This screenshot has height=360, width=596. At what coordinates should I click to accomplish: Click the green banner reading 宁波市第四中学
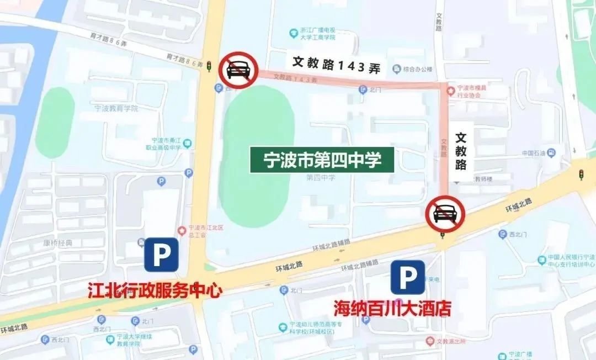pyautogui.click(x=322, y=160)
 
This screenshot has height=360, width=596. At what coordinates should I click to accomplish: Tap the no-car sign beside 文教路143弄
pyautogui.click(x=238, y=71)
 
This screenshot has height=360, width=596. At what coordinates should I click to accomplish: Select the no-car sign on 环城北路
pyautogui.click(x=445, y=214)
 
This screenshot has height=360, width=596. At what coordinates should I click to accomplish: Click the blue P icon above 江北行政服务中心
pyautogui.click(x=161, y=255)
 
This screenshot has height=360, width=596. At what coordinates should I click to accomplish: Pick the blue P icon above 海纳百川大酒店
pyautogui.click(x=408, y=277)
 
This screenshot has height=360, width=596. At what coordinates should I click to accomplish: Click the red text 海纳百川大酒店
pyautogui.click(x=392, y=308)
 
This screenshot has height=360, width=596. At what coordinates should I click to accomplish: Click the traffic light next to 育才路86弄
pyautogui.click(x=209, y=66)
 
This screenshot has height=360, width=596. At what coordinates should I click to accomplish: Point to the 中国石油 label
pyautogui.click(x=534, y=153)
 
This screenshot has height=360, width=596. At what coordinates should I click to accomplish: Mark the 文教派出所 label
pyautogui.click(x=451, y=341)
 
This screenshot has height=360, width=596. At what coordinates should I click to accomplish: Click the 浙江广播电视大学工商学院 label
pyautogui.click(x=314, y=34)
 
